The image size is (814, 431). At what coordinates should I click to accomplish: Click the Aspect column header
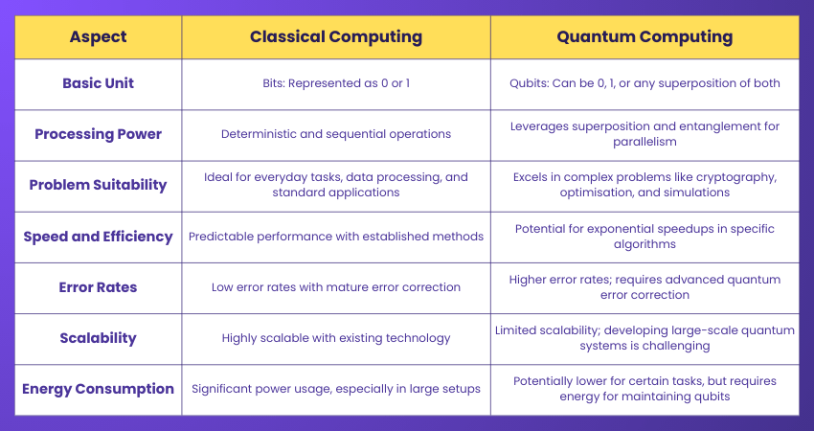98,37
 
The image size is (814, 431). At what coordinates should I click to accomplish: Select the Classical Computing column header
335,37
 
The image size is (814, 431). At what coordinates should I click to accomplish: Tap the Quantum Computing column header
644,37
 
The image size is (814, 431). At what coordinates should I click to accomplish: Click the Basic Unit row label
98,83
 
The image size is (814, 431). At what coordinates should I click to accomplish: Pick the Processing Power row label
98,134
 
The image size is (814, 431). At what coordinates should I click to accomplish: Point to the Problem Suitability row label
98,185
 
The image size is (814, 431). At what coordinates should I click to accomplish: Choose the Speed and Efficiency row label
98,236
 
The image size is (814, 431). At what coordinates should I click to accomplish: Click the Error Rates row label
98,286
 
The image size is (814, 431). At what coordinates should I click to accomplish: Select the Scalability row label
98,337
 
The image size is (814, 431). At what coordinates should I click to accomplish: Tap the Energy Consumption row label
98,388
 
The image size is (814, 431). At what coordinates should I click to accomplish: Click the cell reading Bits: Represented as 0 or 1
335,83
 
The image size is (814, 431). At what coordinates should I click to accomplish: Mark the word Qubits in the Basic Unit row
530,83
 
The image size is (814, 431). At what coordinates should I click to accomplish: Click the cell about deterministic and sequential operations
335,134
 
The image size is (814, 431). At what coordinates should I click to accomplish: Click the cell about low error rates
335,286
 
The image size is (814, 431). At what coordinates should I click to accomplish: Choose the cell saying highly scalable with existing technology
335,337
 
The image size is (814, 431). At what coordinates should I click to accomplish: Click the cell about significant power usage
335,388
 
